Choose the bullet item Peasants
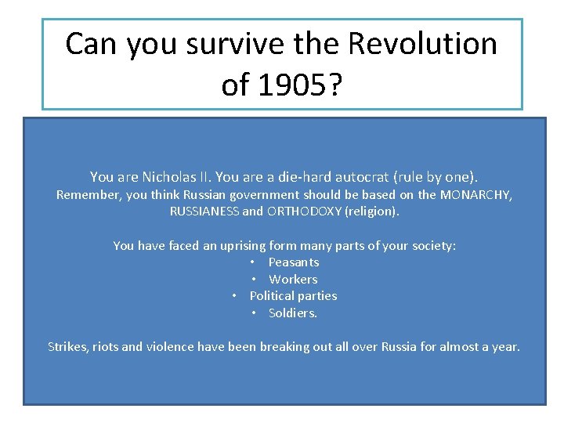click(x=294, y=262)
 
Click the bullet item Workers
click(x=294, y=280)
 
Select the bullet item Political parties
click(x=293, y=296)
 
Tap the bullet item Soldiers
click(x=293, y=313)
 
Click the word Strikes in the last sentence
click(x=68, y=346)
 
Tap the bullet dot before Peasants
click(x=254, y=262)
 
